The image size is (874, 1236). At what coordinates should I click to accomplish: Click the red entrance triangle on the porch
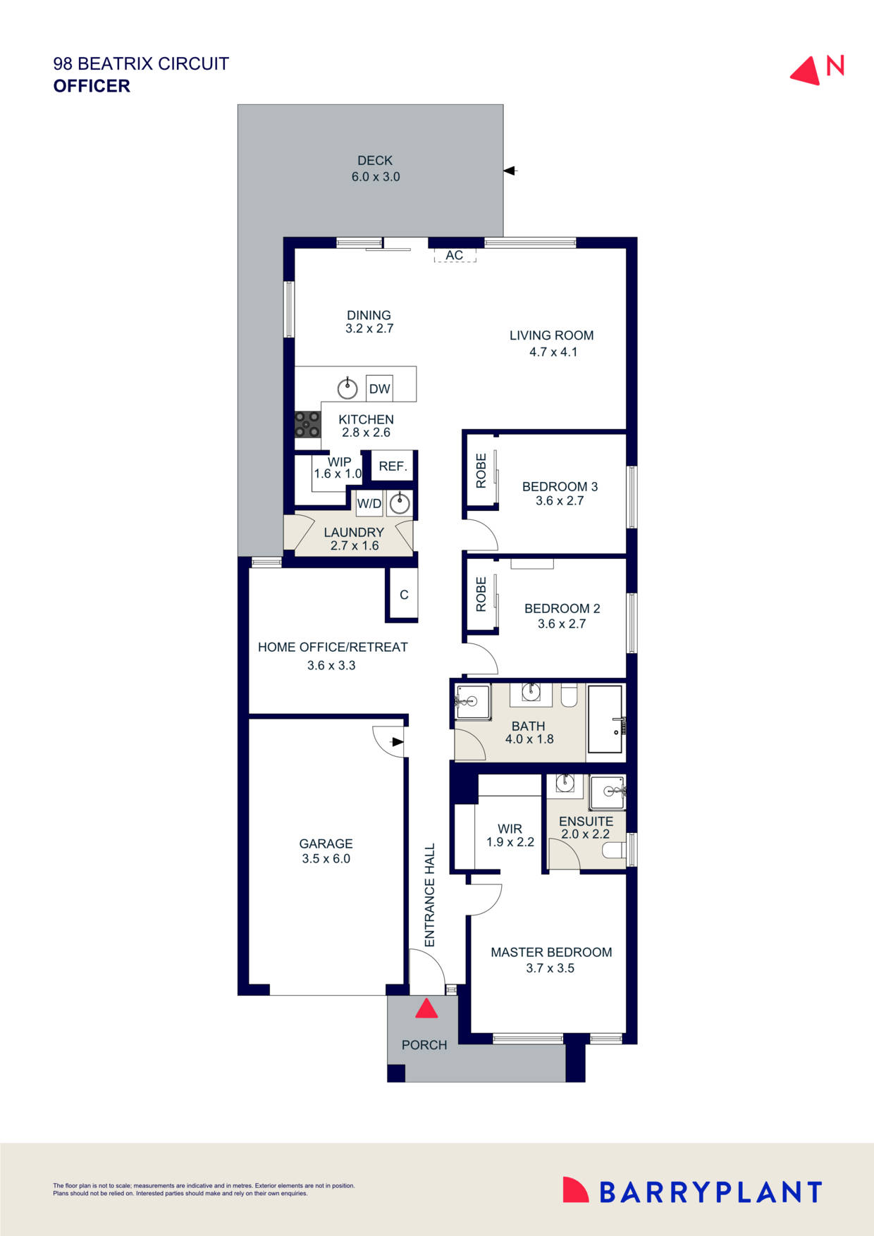pyautogui.click(x=426, y=1009)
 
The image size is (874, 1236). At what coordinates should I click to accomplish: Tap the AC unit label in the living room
pyautogui.click(x=455, y=255)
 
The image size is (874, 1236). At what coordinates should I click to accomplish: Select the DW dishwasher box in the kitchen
pyautogui.click(x=379, y=388)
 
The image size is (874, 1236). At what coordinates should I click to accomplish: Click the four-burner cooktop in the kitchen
pyautogui.click(x=307, y=425)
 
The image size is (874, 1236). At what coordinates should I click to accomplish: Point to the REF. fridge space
pyautogui.click(x=393, y=466)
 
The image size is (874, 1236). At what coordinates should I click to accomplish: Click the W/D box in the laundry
pyautogui.click(x=369, y=503)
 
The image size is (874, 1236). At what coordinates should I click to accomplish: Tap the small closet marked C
pyautogui.click(x=404, y=595)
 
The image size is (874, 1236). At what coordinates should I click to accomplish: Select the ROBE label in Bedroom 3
pyautogui.click(x=481, y=471)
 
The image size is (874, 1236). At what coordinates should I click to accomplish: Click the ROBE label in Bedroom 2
pyautogui.click(x=481, y=594)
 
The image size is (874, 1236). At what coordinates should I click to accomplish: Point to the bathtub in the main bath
pyautogui.click(x=605, y=719)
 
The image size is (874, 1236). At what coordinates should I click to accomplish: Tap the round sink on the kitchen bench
pyautogui.click(x=347, y=388)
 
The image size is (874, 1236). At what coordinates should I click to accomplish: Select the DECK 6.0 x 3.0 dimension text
pyautogui.click(x=376, y=177)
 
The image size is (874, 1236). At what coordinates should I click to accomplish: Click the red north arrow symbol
pyautogui.click(x=806, y=72)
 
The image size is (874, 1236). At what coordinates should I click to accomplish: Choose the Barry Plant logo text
pyautogui.click(x=710, y=1192)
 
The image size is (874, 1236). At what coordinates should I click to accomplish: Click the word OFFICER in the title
pyautogui.click(x=92, y=86)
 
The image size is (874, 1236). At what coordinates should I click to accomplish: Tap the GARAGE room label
pyautogui.click(x=326, y=843)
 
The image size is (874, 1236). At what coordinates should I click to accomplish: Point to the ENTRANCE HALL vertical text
pyautogui.click(x=430, y=895)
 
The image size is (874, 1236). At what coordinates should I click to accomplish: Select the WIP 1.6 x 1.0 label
pyautogui.click(x=338, y=468)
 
